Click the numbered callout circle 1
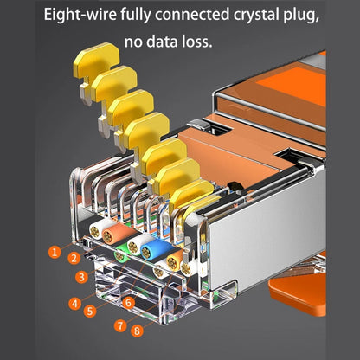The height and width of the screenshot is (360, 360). point(55,253)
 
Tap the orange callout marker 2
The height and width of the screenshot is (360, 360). point(75,258)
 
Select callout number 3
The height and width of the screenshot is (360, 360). point(81,277)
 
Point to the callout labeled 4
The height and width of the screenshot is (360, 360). point(75,303)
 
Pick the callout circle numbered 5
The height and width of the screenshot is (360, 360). point(89,309)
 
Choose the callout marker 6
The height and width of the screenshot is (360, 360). point(128,303)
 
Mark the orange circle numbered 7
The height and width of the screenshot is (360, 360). point(119,326)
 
